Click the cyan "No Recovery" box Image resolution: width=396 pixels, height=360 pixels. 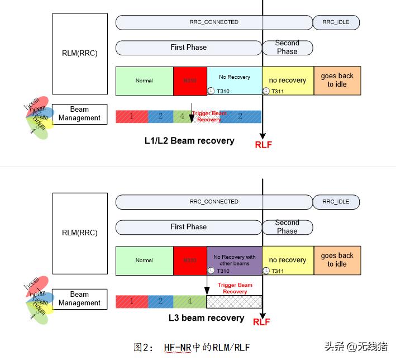[x=234, y=80]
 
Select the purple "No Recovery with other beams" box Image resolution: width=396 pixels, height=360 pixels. [x=234, y=260]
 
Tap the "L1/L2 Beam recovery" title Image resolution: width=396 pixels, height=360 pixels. [x=189, y=140]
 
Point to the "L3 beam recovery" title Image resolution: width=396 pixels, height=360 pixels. [x=207, y=318]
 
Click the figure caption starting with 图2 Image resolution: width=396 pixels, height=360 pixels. [x=192, y=347]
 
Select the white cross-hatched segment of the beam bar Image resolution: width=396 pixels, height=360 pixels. [x=233, y=302]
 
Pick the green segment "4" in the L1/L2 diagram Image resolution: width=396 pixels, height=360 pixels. [x=182, y=116]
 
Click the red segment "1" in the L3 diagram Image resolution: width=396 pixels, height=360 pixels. [x=131, y=302]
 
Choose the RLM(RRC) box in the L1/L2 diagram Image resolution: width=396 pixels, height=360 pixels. [x=80, y=54]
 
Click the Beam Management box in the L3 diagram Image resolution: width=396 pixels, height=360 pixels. [x=79, y=299]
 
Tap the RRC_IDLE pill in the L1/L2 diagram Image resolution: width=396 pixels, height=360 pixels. [x=336, y=22]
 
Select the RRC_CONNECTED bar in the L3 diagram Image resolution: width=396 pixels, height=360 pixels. [x=214, y=202]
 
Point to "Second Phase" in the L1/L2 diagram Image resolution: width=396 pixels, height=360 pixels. [x=287, y=47]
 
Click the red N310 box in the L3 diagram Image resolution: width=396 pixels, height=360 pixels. [x=190, y=260]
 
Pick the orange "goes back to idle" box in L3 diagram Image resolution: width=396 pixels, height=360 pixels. [x=337, y=260]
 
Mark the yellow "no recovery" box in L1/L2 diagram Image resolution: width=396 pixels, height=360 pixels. [x=287, y=80]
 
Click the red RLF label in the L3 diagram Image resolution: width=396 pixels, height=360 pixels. [x=261, y=322]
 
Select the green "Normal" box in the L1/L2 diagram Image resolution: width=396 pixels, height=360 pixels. [x=144, y=80]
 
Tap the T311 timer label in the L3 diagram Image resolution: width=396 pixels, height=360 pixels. [x=277, y=271]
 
